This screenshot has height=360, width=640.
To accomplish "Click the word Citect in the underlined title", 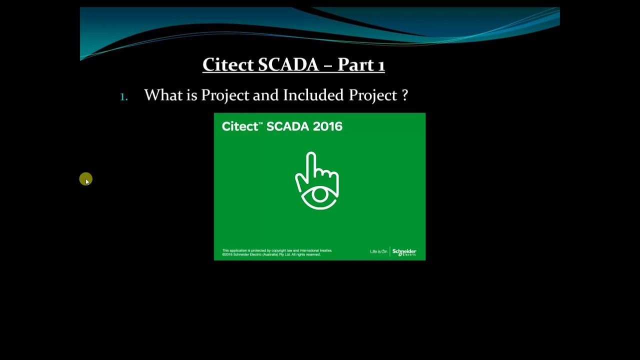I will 228,64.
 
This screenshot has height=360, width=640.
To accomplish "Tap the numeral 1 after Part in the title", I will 381,65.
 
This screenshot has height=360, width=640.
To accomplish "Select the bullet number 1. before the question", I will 124,96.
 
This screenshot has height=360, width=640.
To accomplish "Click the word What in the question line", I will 163,95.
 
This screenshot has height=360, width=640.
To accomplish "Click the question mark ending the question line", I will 404,95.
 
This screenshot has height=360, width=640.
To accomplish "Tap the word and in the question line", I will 265,95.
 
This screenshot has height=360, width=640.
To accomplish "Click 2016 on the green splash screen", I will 328,126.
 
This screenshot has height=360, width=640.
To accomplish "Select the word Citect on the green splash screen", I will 240,126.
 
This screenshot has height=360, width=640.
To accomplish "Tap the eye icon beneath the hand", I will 319,196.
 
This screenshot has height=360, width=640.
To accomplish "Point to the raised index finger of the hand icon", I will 311,162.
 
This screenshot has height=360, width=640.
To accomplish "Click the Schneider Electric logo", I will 404,252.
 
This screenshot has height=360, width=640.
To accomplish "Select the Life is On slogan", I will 378,251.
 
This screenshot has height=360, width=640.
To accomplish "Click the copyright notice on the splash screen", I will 277,252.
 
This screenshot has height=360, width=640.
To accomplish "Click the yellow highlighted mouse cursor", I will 85,179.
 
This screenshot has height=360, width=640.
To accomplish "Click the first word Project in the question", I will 225,95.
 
